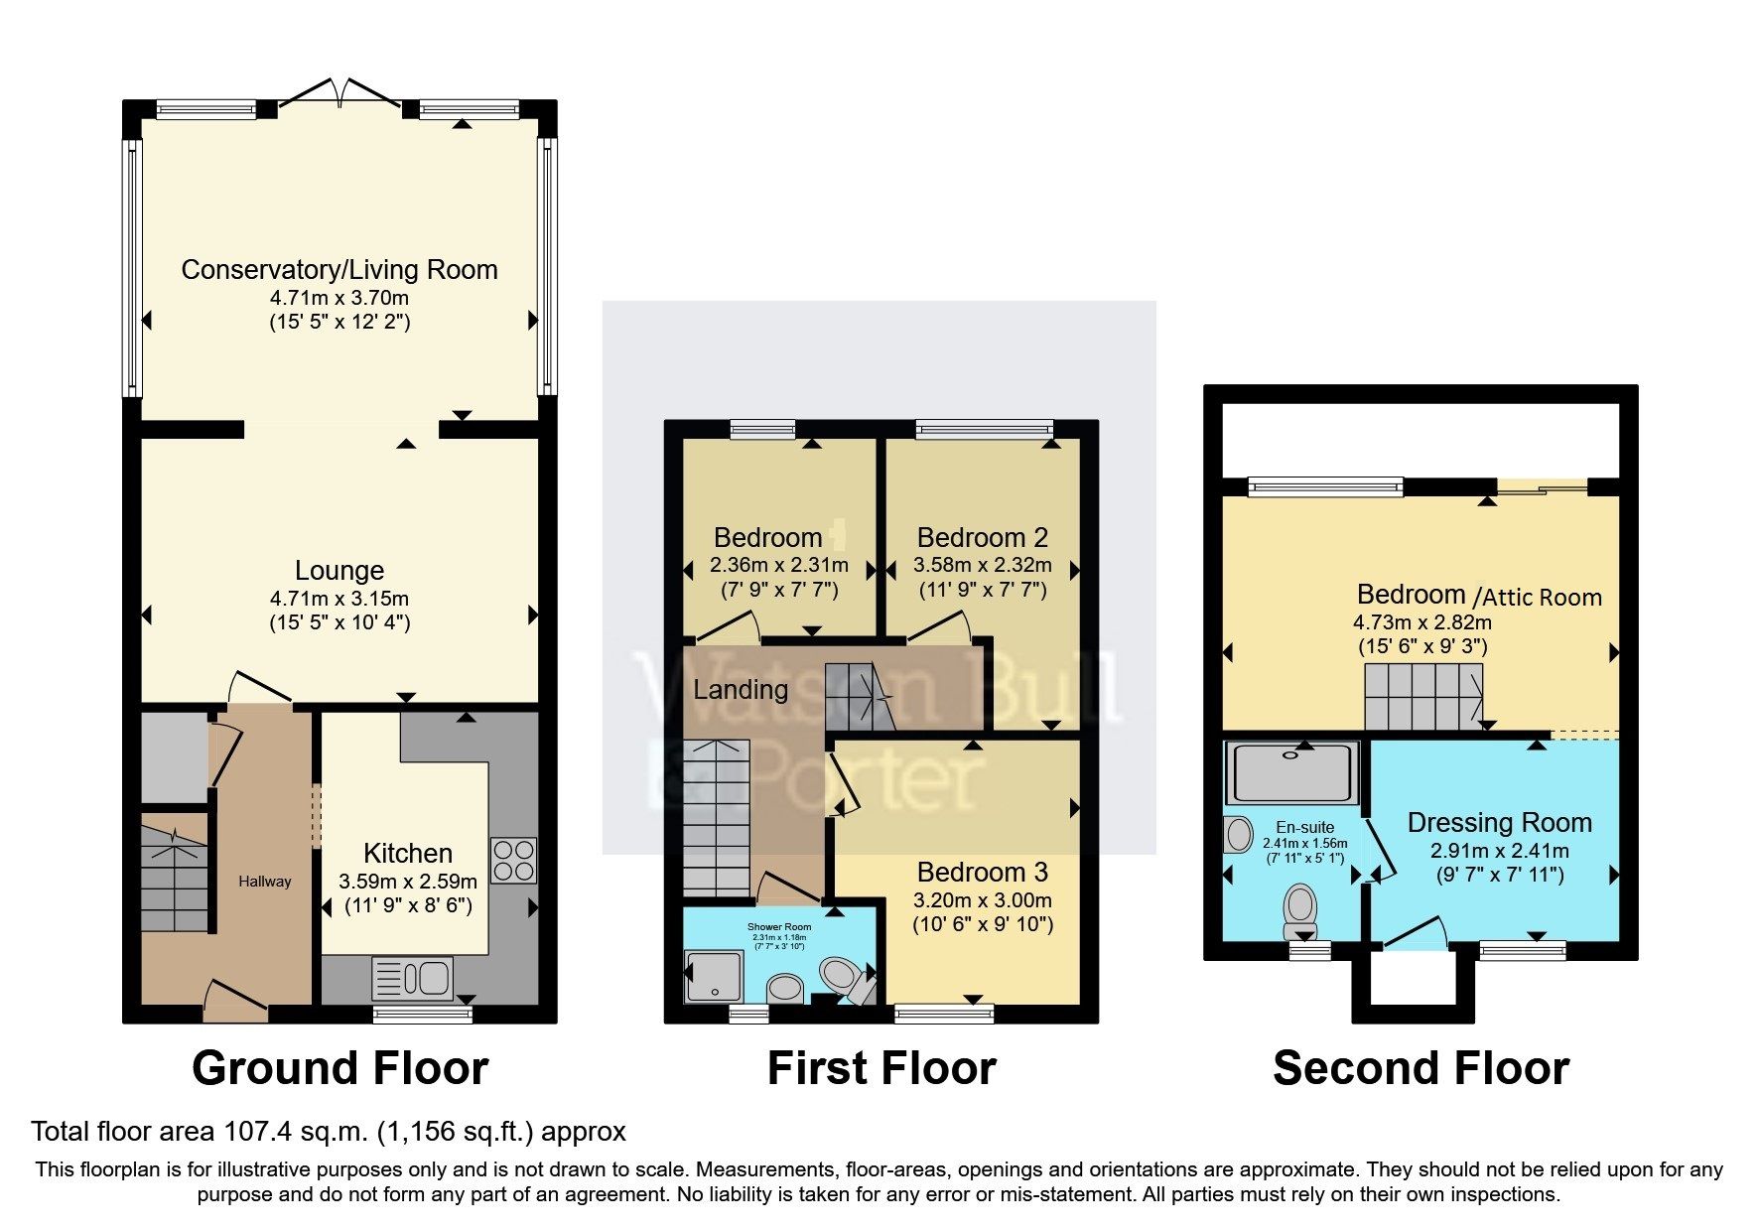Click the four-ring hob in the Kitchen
[x=513, y=861]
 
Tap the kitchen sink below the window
[x=413, y=979]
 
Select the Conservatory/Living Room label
[x=339, y=270]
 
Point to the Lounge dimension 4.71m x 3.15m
[x=339, y=599]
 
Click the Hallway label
[x=265, y=882]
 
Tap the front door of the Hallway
[x=236, y=1001]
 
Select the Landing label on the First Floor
[x=741, y=690]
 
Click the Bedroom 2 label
[x=982, y=538]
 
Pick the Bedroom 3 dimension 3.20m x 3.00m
[x=982, y=900]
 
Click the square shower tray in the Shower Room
[x=714, y=976]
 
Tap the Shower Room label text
[x=779, y=927]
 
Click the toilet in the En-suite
[x=1299, y=911]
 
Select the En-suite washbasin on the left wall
[x=1239, y=835]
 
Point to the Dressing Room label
[x=1499, y=823]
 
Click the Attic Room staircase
[x=1421, y=696]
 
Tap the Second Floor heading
[x=1420, y=1069]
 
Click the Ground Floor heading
[x=339, y=1069]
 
